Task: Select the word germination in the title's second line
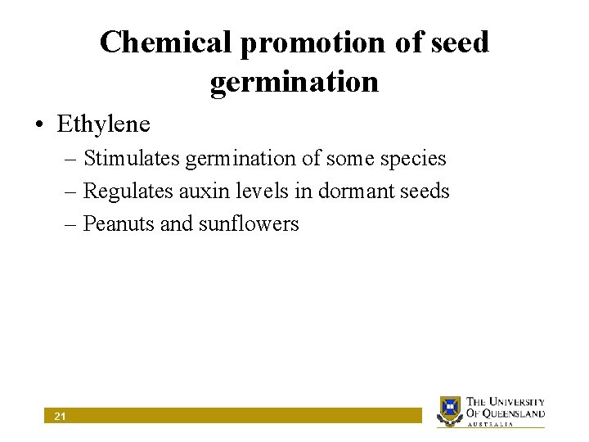point(294,82)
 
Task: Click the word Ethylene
point(103,124)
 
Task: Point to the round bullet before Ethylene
point(39,125)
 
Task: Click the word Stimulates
point(133,158)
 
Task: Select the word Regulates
point(129,191)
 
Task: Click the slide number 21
point(60,417)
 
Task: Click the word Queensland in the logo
point(516,413)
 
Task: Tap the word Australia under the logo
point(491,424)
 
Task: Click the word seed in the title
point(461,43)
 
